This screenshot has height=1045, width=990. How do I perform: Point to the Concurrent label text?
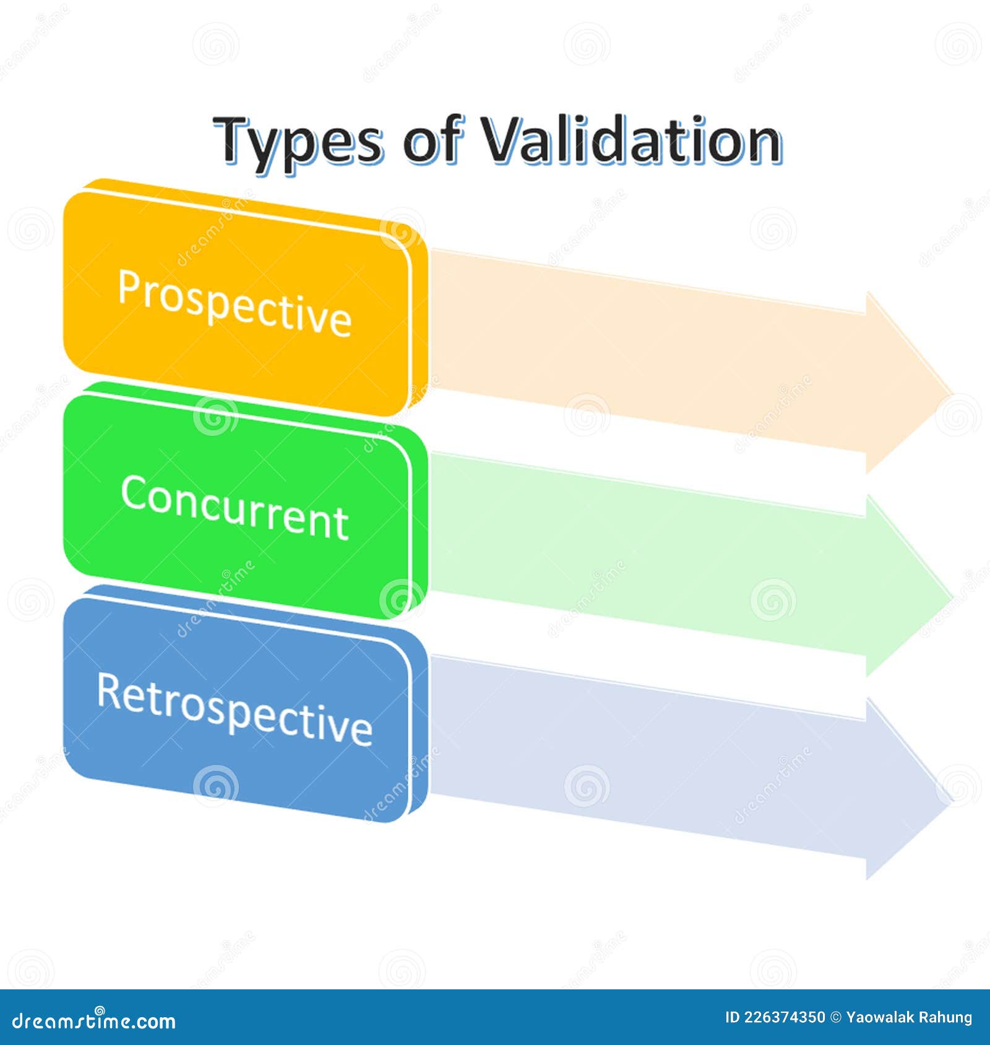pyautogui.click(x=235, y=507)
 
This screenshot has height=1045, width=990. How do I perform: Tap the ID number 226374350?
pyautogui.click(x=783, y=1017)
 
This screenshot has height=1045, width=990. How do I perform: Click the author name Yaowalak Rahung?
pyautogui.click(x=909, y=1018)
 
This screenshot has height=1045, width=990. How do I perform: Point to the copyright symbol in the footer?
pyautogui.click(x=835, y=1017)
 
